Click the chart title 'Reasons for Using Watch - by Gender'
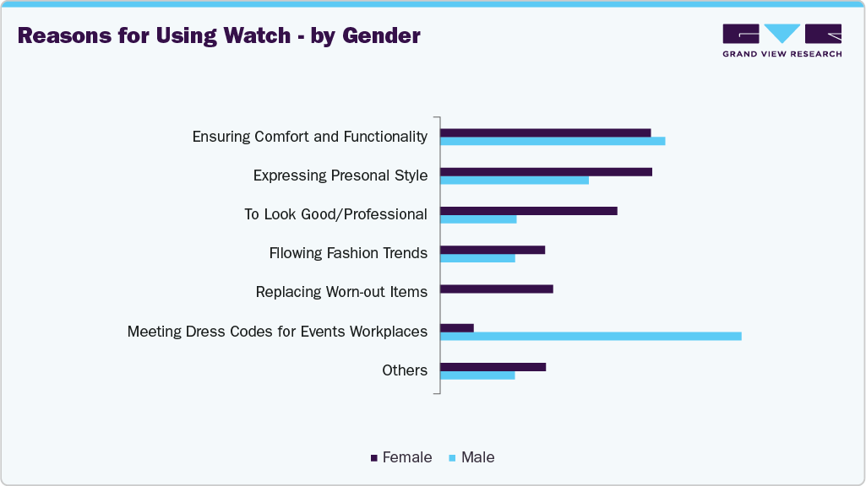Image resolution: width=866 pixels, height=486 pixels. pyautogui.click(x=219, y=36)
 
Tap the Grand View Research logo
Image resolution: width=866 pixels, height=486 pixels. pyautogui.click(x=782, y=40)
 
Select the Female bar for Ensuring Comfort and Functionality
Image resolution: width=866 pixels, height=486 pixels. pyautogui.click(x=546, y=132)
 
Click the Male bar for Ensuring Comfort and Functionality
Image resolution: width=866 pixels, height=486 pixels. pyautogui.click(x=553, y=141)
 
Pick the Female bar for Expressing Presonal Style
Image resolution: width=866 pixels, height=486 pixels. pyautogui.click(x=546, y=171)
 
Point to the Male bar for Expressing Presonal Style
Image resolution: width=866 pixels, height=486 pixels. pyautogui.click(x=515, y=180)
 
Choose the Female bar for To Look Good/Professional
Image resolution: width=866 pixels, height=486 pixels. pyautogui.click(x=529, y=210)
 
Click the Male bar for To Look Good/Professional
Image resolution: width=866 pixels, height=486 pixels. pyautogui.click(x=478, y=219)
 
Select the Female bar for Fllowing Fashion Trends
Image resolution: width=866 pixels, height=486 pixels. pyautogui.click(x=493, y=250)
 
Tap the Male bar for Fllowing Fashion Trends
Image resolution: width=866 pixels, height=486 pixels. pyautogui.click(x=477, y=258)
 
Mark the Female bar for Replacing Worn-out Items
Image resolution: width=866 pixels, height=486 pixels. pyautogui.click(x=497, y=289)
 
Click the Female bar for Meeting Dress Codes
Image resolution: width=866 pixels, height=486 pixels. pyautogui.click(x=457, y=327)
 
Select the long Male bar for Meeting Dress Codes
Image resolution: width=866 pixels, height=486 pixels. pyautogui.click(x=591, y=336)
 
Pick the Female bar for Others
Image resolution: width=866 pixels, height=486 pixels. pyautogui.click(x=493, y=367)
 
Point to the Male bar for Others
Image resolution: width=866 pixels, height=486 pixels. pyautogui.click(x=477, y=375)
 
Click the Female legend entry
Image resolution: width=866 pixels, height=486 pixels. pyautogui.click(x=401, y=457)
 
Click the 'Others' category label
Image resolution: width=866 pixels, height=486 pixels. pyautogui.click(x=405, y=370)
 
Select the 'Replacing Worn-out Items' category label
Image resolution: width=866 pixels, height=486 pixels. pyautogui.click(x=341, y=292)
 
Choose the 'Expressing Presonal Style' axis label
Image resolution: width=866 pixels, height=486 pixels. pyautogui.click(x=340, y=175)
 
